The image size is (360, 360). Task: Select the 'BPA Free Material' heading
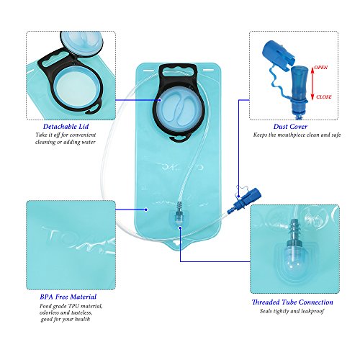point(69,296)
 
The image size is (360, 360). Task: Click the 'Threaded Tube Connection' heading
point(292,302)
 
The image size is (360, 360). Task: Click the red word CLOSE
point(324,96)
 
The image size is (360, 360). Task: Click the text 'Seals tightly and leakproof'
point(292,313)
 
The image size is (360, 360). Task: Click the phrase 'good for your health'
point(68,320)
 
